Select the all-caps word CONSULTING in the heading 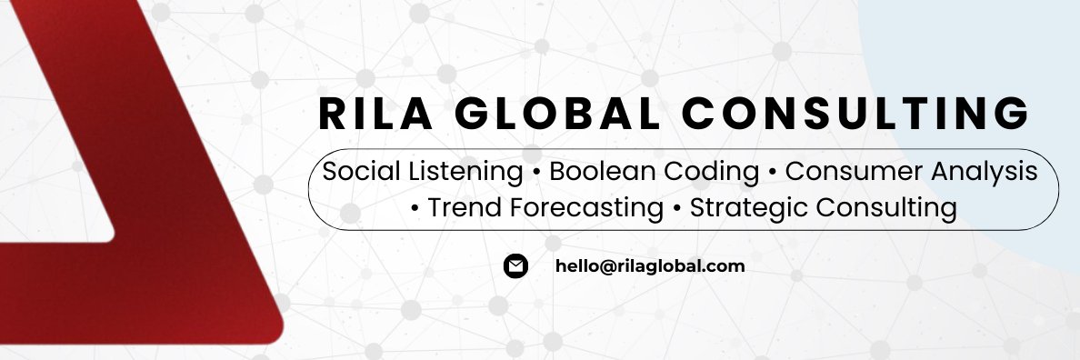click(x=855, y=115)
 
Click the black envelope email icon click(x=515, y=266)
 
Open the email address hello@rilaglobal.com click(x=650, y=266)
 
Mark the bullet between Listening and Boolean click(x=536, y=172)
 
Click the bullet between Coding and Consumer click(x=772, y=172)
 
